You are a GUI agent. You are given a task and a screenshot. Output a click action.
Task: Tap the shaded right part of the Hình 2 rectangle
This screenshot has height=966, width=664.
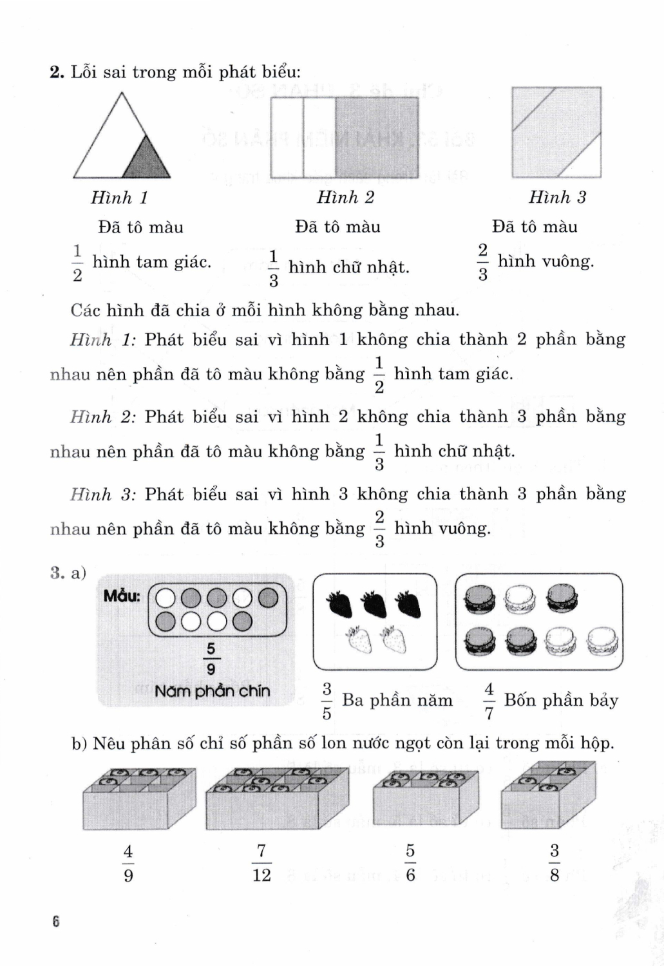coord(377,137)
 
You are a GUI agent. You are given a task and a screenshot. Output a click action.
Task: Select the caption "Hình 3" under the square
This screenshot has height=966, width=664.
coord(557,198)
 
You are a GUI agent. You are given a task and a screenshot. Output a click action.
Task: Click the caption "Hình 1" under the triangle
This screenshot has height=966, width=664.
coord(119,198)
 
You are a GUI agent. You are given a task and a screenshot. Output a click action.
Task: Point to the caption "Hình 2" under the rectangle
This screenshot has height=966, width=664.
coord(345,197)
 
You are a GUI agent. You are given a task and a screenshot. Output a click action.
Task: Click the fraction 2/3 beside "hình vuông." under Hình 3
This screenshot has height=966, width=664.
coord(482,262)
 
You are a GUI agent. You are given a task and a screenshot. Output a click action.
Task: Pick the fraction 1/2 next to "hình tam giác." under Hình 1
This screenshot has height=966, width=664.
coord(77,263)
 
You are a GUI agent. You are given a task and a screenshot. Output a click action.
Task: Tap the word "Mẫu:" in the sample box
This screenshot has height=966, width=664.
coord(122,596)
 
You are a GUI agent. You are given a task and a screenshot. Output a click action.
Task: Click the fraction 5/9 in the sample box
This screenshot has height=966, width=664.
coord(211,659)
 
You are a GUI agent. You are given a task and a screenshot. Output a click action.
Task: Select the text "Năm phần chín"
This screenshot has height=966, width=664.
coord(212,691)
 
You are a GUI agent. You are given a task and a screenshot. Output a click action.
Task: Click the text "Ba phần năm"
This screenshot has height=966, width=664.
coord(397,700)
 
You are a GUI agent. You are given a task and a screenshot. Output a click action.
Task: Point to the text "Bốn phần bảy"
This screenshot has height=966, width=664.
coord(561,700)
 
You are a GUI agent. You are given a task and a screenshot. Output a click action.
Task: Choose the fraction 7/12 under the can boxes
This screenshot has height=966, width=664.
coord(261,864)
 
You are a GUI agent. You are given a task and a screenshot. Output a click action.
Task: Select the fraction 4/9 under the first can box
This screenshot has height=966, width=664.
coord(128,864)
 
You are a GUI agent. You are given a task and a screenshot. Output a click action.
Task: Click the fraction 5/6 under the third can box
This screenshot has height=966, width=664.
coord(410,864)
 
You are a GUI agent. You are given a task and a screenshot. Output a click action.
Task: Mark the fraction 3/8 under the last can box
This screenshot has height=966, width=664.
coord(555,864)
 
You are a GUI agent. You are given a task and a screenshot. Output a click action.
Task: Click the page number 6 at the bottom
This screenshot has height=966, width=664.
coord(56,922)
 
